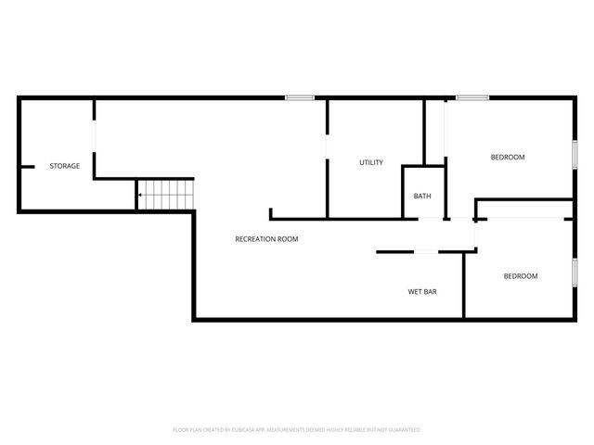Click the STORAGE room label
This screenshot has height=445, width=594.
64,166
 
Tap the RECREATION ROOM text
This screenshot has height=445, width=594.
266,239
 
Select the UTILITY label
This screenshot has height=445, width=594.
371,162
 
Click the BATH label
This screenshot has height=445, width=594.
422,196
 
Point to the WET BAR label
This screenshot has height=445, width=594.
422,291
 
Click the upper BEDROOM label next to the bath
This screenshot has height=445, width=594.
508,157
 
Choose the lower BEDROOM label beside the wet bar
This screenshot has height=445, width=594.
520,275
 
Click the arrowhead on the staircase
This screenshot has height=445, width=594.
139,196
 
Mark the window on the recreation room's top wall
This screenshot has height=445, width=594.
299,97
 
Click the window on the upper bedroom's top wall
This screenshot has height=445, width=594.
472,97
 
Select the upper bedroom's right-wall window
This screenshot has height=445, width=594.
575,154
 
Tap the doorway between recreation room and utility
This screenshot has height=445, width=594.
327,147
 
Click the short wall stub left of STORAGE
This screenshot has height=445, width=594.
27,167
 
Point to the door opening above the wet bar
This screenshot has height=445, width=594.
426,251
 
